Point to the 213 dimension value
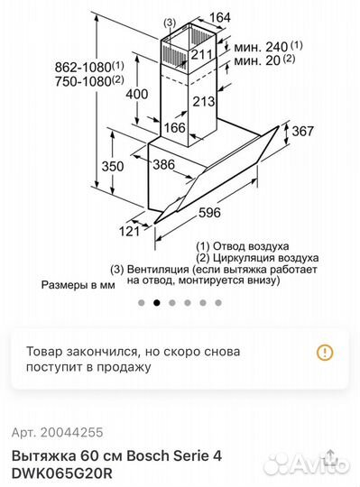(x=203, y=102)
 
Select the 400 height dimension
(x=137, y=94)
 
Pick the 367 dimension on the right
(x=302, y=132)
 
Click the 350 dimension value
(x=113, y=166)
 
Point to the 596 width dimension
(x=210, y=214)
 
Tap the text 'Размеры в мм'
(x=78, y=284)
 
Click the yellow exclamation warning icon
(x=325, y=353)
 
